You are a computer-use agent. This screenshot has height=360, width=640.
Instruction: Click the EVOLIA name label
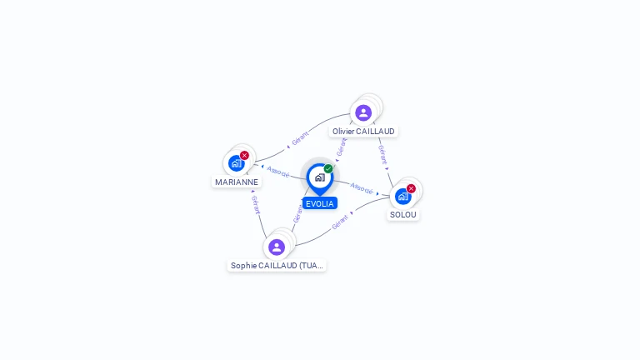(x=320, y=203)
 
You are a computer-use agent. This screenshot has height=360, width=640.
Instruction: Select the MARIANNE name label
(x=237, y=182)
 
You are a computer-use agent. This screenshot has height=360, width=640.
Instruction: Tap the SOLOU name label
(x=403, y=214)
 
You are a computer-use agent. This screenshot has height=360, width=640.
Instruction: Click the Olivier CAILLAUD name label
(x=363, y=131)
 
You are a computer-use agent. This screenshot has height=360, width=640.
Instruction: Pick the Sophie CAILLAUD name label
(x=277, y=265)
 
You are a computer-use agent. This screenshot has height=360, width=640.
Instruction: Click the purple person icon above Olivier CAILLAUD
(x=363, y=112)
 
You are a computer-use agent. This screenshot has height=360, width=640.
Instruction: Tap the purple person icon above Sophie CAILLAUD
(x=277, y=247)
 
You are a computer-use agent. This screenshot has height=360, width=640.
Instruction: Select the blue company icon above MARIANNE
(x=236, y=163)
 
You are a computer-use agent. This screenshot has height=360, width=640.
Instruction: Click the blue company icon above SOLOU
(x=402, y=197)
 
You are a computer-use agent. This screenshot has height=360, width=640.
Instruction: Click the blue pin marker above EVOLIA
(x=319, y=177)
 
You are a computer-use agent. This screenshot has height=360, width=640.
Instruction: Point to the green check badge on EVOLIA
(x=328, y=168)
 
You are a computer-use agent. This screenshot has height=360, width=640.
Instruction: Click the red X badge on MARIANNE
(x=244, y=155)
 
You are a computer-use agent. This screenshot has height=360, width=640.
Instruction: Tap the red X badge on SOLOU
(x=411, y=188)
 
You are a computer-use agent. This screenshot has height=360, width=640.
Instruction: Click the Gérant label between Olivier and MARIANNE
(x=300, y=137)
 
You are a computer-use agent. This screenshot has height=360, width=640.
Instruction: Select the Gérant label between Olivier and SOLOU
(x=382, y=154)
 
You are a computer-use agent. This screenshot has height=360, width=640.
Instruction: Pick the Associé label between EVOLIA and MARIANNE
(x=278, y=172)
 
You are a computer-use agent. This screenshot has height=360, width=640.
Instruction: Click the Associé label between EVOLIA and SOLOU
(x=362, y=188)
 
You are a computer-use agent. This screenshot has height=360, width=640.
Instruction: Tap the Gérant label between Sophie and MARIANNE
(x=256, y=205)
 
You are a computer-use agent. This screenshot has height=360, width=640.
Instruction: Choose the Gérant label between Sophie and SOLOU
(x=340, y=222)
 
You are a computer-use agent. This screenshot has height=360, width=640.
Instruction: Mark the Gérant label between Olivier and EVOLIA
(x=340, y=147)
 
